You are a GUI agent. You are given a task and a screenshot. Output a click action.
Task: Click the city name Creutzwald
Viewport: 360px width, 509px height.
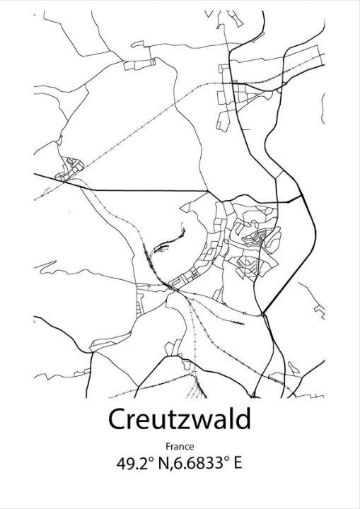(x=180, y=419)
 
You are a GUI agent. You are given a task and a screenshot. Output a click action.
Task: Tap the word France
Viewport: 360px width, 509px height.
(x=180, y=446)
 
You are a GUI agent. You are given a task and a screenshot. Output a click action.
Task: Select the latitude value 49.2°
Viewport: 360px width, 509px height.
(x=134, y=464)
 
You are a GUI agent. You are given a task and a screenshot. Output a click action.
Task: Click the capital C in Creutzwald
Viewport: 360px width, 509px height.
(x=118, y=420)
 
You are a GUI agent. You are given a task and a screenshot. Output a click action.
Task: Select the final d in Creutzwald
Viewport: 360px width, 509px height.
(x=243, y=419)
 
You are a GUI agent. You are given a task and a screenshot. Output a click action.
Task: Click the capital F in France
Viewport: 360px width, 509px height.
(x=168, y=446)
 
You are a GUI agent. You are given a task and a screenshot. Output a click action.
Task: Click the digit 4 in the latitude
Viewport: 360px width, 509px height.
(x=122, y=464)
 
